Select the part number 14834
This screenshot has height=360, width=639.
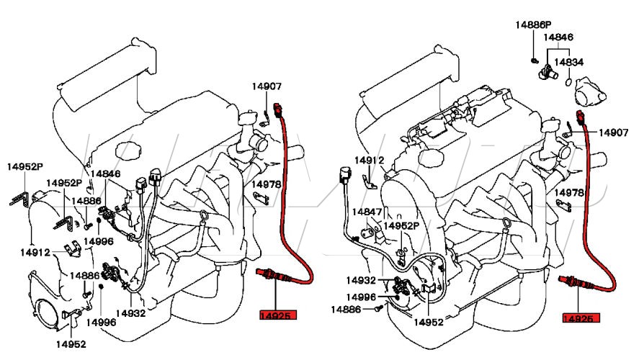(x=568, y=63)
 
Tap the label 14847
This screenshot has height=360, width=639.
(x=366, y=212)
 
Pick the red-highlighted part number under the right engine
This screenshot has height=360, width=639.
(x=582, y=318)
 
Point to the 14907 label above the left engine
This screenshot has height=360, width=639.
(x=266, y=87)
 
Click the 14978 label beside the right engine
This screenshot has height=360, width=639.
(x=570, y=193)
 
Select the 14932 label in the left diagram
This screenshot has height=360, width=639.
(x=131, y=314)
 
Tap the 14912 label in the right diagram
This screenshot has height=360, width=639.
(x=370, y=161)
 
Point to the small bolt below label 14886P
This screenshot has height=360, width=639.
(x=534, y=59)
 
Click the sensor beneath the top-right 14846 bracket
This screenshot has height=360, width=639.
(x=550, y=71)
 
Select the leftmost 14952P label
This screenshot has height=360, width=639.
(x=24, y=166)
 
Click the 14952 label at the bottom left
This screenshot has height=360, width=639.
(x=71, y=344)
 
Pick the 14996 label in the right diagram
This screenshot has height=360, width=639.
(x=360, y=297)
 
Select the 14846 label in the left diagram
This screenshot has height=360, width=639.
(x=105, y=174)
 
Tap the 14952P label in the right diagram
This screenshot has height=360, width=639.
(x=401, y=225)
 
